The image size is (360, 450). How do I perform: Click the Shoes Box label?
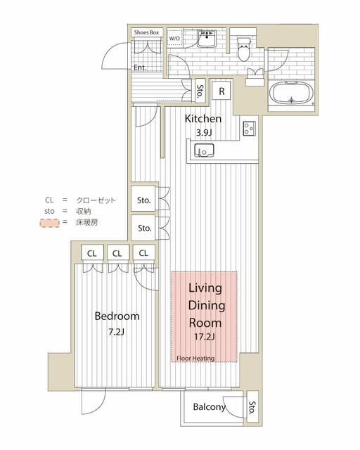pos(147,32)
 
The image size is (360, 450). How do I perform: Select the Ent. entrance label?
pos(141,67)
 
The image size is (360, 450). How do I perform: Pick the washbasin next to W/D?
pos(207,41)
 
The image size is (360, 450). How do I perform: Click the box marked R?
pos(222,91)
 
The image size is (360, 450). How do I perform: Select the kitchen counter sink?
pos(204,150)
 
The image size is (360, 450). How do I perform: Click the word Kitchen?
pos(203,119)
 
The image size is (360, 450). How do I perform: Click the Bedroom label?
pos(117,316)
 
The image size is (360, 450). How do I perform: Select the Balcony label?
pos(209,407)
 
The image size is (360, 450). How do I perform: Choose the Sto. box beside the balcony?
pos(252,407)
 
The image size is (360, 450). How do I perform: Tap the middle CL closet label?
pos(117,252)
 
